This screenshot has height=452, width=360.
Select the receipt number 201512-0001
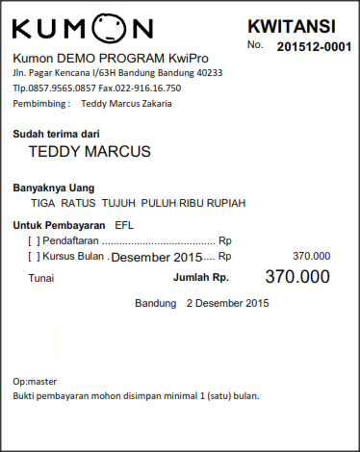tap(314, 46)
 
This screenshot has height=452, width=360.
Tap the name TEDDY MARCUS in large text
tap(90, 152)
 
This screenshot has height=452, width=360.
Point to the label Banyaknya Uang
tap(53, 188)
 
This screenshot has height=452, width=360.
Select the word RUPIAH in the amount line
tap(225, 203)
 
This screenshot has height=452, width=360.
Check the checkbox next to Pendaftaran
tap(35, 240)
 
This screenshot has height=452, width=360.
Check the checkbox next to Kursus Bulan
tap(35, 257)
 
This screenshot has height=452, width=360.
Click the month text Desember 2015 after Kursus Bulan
tap(158, 258)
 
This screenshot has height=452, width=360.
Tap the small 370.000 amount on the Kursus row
tap(311, 256)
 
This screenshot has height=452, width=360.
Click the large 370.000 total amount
tap(296, 277)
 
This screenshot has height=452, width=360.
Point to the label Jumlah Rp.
tap(200, 278)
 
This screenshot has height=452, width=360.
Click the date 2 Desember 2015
tap(227, 304)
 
